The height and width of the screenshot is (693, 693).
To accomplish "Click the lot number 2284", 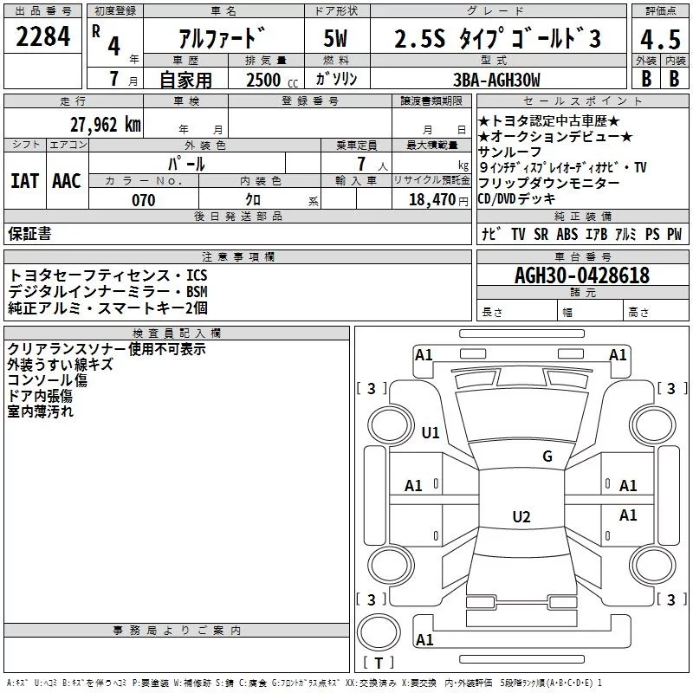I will pyautogui.click(x=43, y=39).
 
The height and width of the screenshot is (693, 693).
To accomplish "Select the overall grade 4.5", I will pyautogui.click(x=659, y=40).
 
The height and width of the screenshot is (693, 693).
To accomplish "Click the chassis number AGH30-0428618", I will pyautogui.click(x=582, y=275).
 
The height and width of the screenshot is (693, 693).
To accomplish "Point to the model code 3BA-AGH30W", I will pyautogui.click(x=496, y=80).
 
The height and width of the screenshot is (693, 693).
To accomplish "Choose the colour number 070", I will pyautogui.click(x=143, y=200).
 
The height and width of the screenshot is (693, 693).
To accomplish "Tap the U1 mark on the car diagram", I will pyautogui.click(x=430, y=433).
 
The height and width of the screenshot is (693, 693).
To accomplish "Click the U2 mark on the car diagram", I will pyautogui.click(x=521, y=517).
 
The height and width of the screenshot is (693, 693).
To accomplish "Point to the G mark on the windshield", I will pyautogui.click(x=547, y=457).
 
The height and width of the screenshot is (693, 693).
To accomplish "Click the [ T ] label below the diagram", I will pyautogui.click(x=379, y=664).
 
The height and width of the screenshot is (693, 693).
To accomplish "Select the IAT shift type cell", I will pyautogui.click(x=24, y=181).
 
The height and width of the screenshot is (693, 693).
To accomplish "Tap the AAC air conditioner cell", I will pyautogui.click(x=67, y=181).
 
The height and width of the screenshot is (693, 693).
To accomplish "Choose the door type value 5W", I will pyautogui.click(x=335, y=40).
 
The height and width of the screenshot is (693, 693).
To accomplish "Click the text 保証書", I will pyautogui.click(x=29, y=233).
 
